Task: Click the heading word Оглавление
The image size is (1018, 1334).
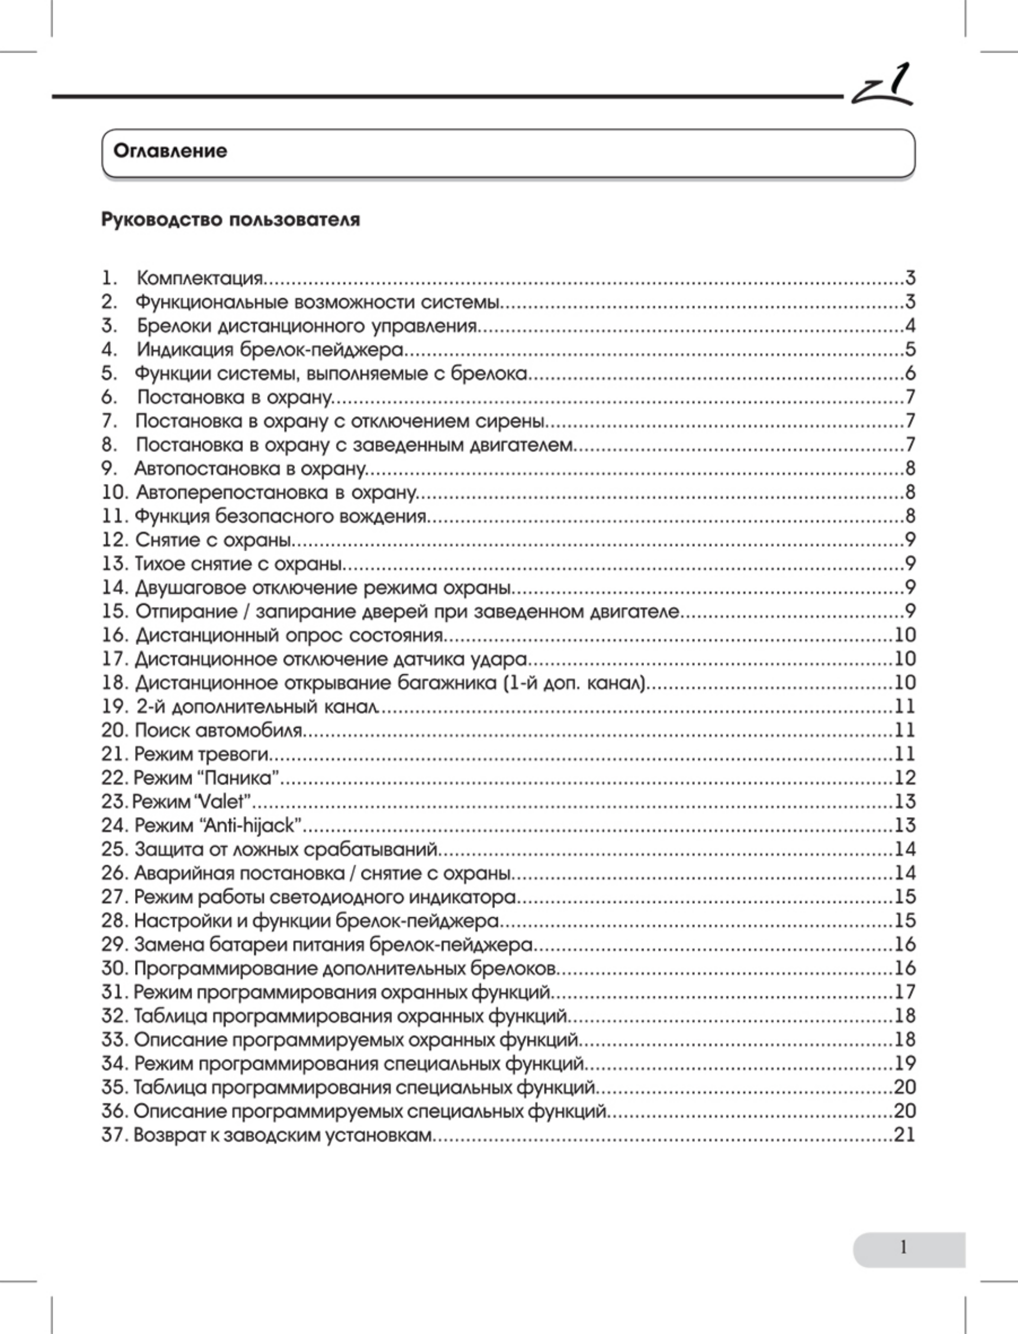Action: tap(170, 151)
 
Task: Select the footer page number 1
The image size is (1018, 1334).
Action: tap(904, 1247)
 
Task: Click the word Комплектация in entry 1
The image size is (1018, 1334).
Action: tap(200, 278)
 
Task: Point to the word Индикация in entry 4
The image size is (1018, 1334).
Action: tap(185, 350)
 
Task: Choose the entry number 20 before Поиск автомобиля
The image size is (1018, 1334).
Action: tap(114, 730)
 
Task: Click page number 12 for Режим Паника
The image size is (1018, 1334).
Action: tap(905, 778)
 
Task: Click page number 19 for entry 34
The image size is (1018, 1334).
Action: tap(905, 1063)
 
